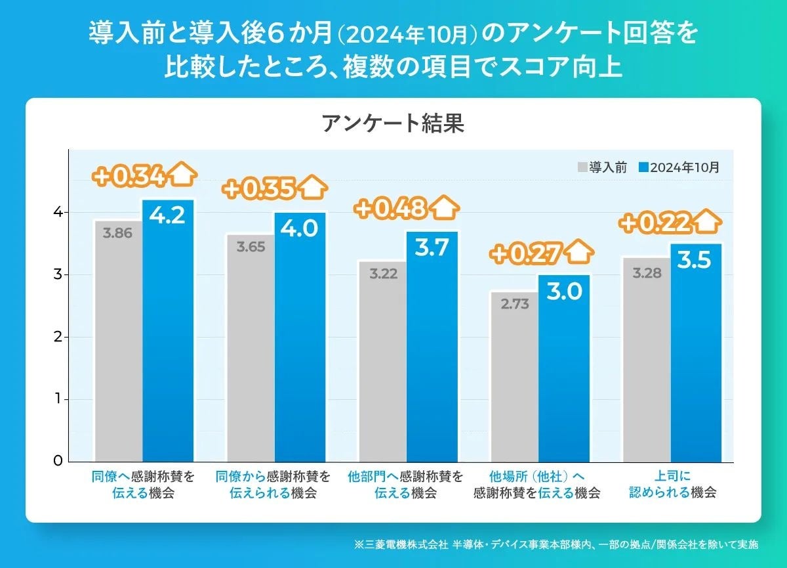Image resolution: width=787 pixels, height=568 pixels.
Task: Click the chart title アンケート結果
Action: pyautogui.click(x=393, y=123)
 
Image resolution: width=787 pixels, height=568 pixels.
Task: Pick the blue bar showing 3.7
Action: pyautogui.click(x=432, y=348)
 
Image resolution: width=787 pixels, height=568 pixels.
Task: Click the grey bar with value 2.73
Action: pyautogui.click(x=514, y=381)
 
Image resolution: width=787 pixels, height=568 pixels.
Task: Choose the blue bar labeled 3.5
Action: pyautogui.click(x=695, y=355)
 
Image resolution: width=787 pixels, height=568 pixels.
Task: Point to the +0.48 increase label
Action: pyautogui.click(x=391, y=209)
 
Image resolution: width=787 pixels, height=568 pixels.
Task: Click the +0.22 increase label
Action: pyautogui.click(x=655, y=223)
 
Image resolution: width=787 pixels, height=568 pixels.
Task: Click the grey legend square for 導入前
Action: pyautogui.click(x=582, y=167)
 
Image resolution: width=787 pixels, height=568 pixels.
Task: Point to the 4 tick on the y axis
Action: pyautogui.click(x=58, y=212)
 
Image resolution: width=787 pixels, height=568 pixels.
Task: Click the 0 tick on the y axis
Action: pyautogui.click(x=58, y=461)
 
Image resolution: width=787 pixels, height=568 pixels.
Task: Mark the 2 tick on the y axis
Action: pyautogui.click(x=58, y=337)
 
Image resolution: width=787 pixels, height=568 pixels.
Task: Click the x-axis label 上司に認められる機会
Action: pyautogui.click(x=672, y=484)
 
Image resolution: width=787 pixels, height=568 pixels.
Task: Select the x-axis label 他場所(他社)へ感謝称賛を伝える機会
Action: pyautogui.click(x=537, y=484)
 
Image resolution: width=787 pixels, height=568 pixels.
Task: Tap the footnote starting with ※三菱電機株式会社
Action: pyautogui.click(x=555, y=544)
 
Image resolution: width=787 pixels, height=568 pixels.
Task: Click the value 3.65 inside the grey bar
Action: pyautogui.click(x=251, y=248)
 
